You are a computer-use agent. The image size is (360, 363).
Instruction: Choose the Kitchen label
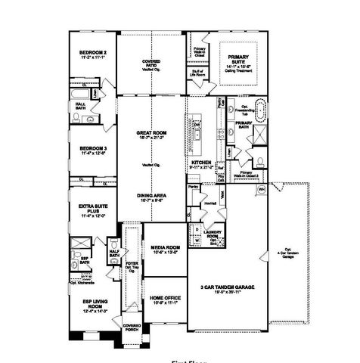pyautogui.click(x=200, y=163)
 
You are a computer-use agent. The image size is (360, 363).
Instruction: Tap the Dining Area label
pyautogui.click(x=151, y=197)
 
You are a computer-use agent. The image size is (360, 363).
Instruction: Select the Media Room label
pyautogui.click(x=164, y=248)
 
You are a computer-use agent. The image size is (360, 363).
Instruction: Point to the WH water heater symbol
pyautogui.click(x=262, y=188)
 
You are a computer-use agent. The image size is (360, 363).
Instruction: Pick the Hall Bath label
pyautogui.click(x=79, y=105)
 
